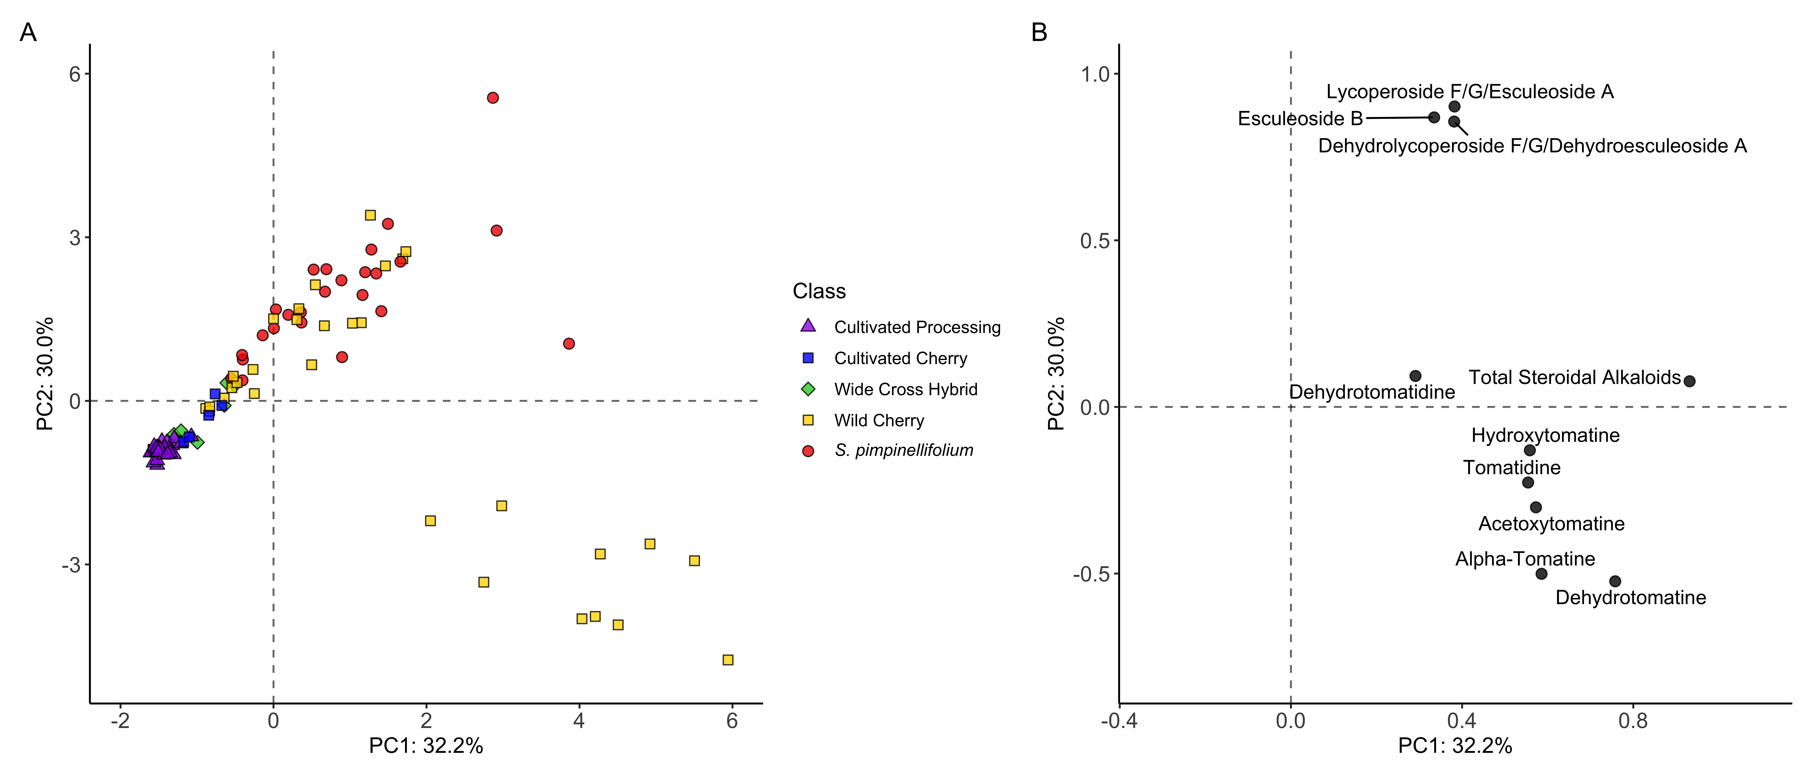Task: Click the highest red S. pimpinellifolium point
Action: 493,98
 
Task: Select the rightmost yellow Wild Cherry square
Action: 728,659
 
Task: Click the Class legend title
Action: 819,291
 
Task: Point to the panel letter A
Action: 28,32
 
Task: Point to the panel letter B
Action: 1039,32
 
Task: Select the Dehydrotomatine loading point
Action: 1615,581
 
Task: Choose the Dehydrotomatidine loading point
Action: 1415,376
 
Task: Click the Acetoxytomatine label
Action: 1551,524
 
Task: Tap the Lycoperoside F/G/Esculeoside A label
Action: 1469,92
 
